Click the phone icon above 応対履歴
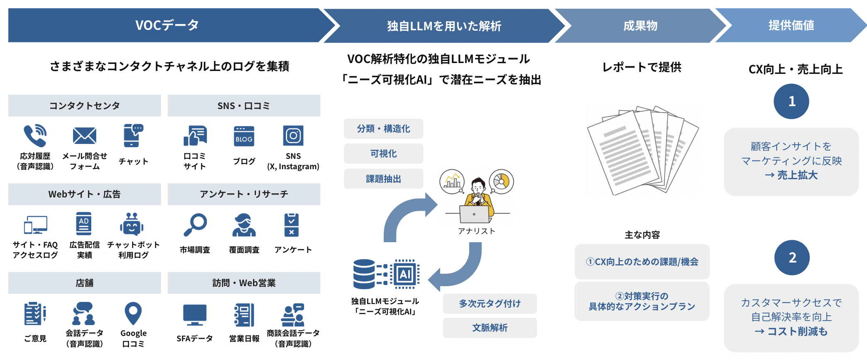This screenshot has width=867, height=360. pos(35,136)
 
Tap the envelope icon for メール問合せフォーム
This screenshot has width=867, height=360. pos(85,136)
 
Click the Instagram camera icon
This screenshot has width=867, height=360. pos(293,136)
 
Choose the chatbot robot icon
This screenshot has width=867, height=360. pos(132,225)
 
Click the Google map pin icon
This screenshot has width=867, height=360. pos(133,314)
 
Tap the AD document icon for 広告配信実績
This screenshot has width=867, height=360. pos(84,224)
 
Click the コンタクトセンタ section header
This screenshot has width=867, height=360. pos(85,106)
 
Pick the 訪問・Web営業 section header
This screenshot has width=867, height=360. pos(244,283)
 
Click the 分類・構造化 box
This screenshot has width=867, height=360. pos(383,129)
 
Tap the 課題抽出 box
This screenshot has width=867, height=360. pos(383,179)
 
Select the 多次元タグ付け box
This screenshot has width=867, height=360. pos(490,304)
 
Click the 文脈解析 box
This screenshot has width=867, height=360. pos(490,328)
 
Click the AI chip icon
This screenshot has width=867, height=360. pos(405,274)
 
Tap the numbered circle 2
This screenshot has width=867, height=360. pos(792,258)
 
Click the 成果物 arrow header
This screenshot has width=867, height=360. pos(640,26)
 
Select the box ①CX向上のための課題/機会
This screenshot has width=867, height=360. pos(642,262)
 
